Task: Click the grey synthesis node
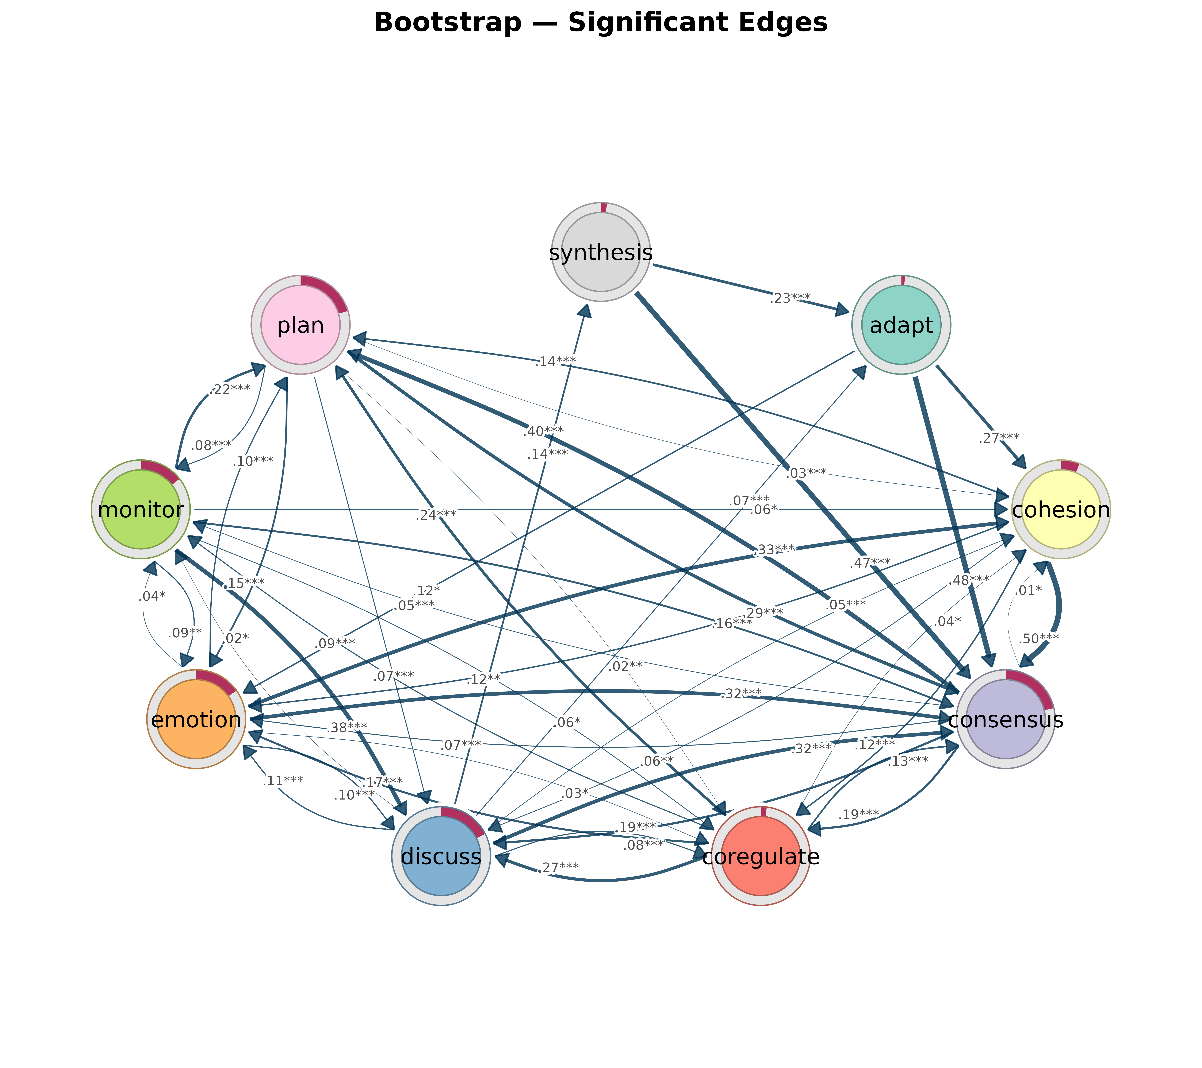600,252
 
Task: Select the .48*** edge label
969,580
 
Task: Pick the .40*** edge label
543,432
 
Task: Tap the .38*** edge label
347,727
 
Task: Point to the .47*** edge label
870,562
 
